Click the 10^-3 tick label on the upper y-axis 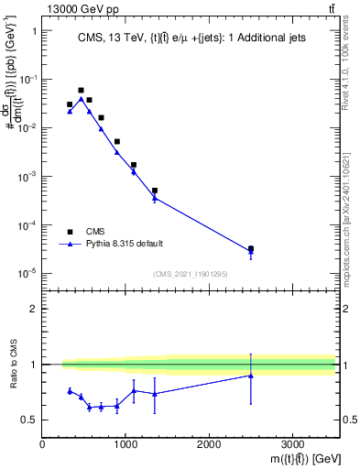(x=26, y=176)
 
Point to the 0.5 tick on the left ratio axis (x=30, y=420)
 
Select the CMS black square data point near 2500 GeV (x=251, y=248)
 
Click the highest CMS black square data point (x=81, y=91)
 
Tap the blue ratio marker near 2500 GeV (x=251, y=376)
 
